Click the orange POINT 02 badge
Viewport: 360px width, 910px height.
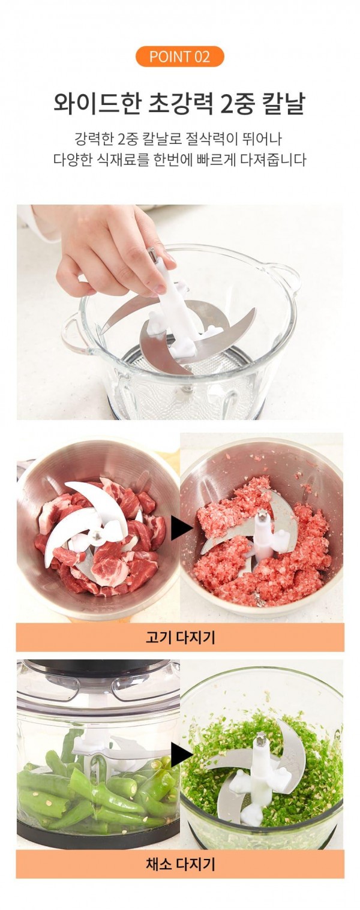[179, 56]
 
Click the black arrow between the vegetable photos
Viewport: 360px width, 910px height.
[181, 755]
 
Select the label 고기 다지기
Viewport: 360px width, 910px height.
[180, 638]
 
